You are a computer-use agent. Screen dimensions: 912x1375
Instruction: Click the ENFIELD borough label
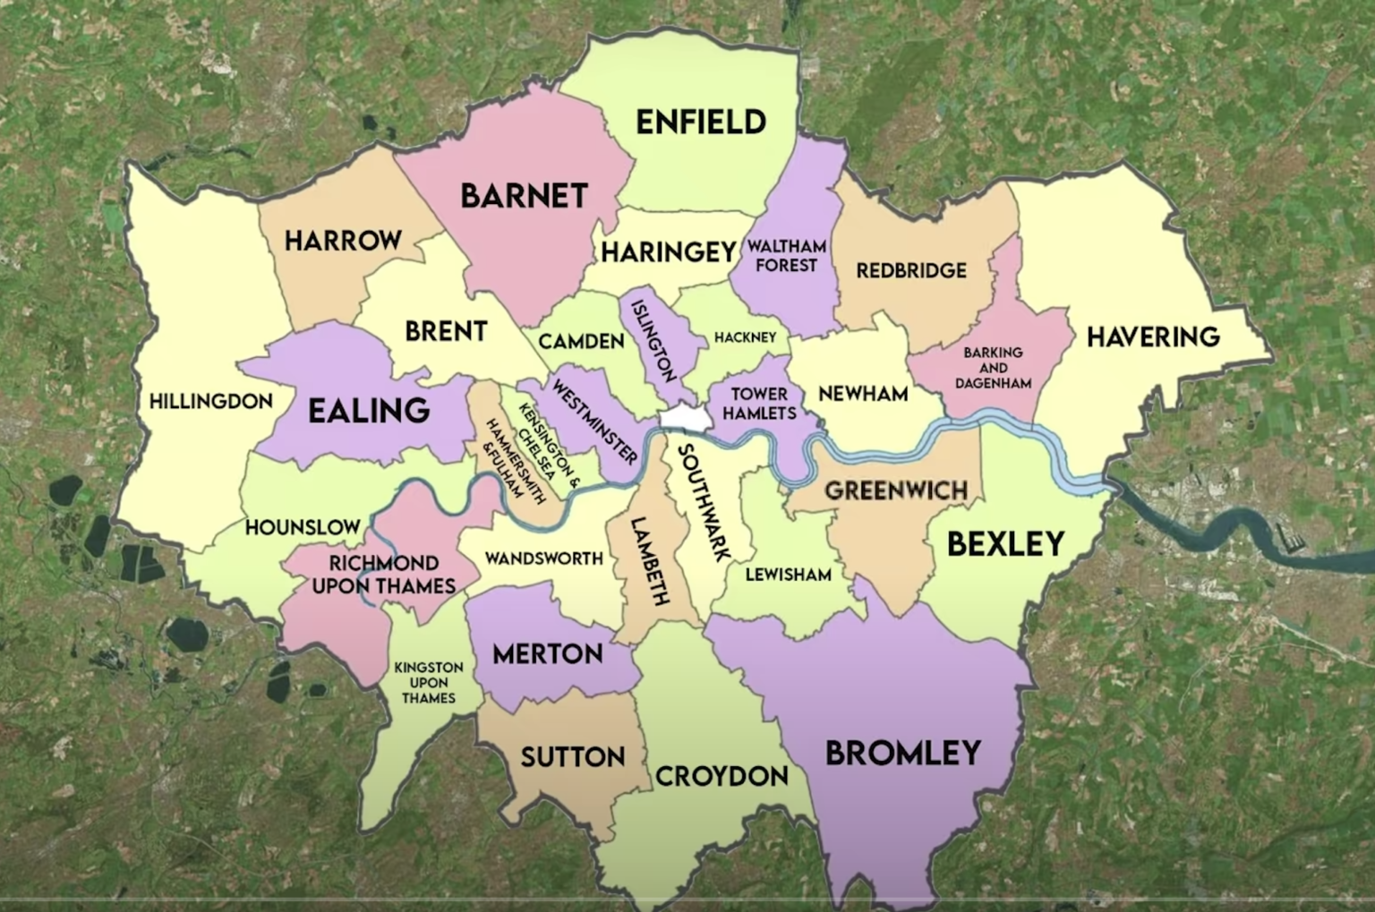[700, 122]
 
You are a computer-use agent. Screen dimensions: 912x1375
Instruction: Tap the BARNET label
[524, 195]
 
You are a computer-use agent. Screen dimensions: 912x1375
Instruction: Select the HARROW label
[343, 240]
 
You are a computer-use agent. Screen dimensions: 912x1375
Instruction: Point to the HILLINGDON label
[210, 401]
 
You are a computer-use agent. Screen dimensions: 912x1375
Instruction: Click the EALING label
[369, 411]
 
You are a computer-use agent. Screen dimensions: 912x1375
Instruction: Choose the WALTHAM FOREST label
[786, 255]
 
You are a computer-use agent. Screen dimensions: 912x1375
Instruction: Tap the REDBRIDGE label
[911, 270]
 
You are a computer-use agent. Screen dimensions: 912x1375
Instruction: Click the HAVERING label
[1153, 337]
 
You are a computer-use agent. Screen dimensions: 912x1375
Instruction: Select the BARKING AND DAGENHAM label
[993, 368]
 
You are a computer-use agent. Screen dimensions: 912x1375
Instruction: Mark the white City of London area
[683, 417]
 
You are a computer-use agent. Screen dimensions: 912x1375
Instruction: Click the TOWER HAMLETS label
[759, 404]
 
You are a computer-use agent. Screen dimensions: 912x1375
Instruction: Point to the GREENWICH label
[896, 490]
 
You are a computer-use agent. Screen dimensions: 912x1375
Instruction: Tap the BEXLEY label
[1005, 543]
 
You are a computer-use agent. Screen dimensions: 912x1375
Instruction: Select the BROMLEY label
[902, 753]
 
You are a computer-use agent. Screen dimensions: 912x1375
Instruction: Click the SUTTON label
[573, 757]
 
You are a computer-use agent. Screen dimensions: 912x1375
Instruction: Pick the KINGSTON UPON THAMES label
[429, 683]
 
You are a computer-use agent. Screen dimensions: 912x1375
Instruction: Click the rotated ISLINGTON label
[653, 340]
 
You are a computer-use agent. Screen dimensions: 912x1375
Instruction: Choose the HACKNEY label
[745, 337]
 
